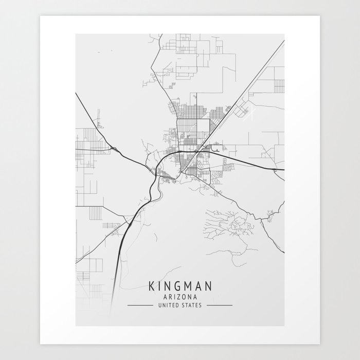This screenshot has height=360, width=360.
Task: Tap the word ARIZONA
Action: click(x=179, y=297)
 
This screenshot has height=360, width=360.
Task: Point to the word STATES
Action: click(x=192, y=305)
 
